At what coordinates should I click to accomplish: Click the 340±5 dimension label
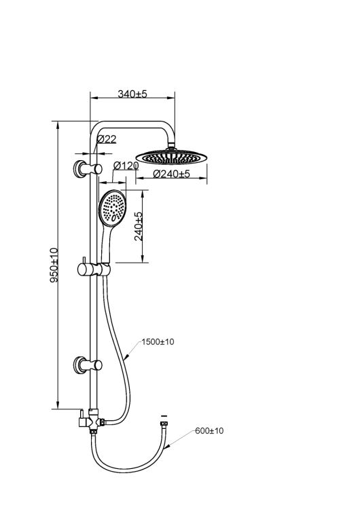click(x=132, y=94)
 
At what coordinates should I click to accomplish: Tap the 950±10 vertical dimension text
click(x=54, y=265)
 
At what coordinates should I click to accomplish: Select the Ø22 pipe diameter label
click(x=107, y=139)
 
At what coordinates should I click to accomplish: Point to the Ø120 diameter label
click(x=126, y=166)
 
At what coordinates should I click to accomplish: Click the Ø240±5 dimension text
click(x=171, y=174)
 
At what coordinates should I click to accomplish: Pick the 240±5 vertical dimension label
click(x=139, y=226)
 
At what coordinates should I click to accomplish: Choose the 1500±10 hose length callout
click(x=158, y=342)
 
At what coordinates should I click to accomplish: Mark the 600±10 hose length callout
click(x=210, y=431)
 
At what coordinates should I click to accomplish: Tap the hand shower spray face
click(x=113, y=208)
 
